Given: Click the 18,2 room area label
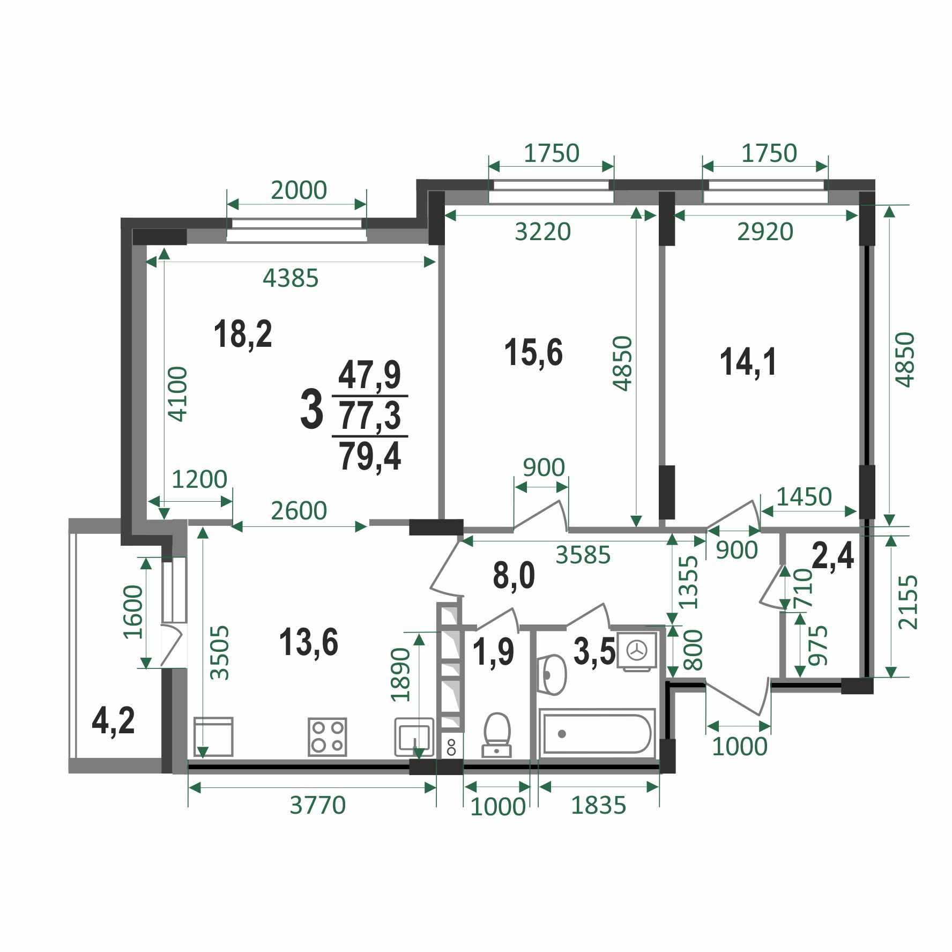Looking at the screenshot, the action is (x=243, y=334).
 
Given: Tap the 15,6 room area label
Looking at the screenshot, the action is (x=533, y=353).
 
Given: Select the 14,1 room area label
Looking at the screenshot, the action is (x=748, y=362).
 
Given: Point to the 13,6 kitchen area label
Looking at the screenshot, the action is (x=309, y=642).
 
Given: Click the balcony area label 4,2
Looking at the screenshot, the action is (x=113, y=721).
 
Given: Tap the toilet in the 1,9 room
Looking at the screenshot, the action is (x=497, y=734).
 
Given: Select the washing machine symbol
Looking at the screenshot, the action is (x=637, y=651).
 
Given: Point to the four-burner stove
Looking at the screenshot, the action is (x=328, y=737).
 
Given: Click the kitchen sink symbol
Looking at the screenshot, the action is (x=414, y=737).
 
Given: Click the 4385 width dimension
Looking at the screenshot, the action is (x=291, y=278).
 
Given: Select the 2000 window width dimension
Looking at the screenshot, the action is (x=299, y=190).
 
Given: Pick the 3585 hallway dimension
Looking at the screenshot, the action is (x=583, y=555).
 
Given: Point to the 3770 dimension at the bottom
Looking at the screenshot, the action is (x=318, y=805).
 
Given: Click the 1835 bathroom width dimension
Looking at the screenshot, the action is (x=598, y=805).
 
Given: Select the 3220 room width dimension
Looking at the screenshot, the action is (x=543, y=232).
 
